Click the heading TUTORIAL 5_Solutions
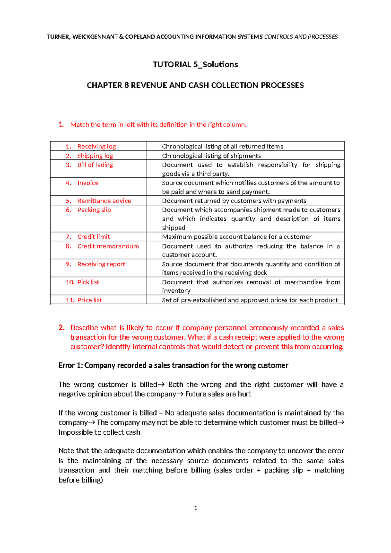pyautogui.click(x=195, y=65)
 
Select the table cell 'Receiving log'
pyautogui.click(x=96, y=146)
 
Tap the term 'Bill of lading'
pyautogui.click(x=95, y=165)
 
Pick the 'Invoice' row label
pyautogui.click(x=88, y=183)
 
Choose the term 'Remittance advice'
pyautogui.click(x=104, y=201)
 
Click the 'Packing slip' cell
pyautogui.click(x=94, y=210)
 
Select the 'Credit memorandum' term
pyautogui.click(x=108, y=246)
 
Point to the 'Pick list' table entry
pyautogui.click(x=88, y=282)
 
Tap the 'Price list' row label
pyautogui.click(x=90, y=300)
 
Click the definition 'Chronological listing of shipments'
pyautogui.click(x=211, y=156)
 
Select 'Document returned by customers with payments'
pyautogui.click(x=234, y=201)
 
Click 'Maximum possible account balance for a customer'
pyautogui.click(x=237, y=237)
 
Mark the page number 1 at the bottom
pyautogui.click(x=195, y=508)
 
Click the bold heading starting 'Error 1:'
pyautogui.click(x=173, y=366)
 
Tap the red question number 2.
pyautogui.click(x=62, y=328)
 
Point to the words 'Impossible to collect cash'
pyautogui.click(x=99, y=432)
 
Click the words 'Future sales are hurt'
pyautogui.click(x=218, y=394)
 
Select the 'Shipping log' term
pyautogui.click(x=95, y=156)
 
